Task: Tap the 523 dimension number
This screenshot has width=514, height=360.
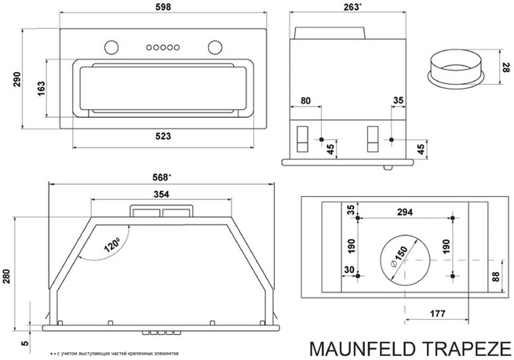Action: pyautogui.click(x=163, y=137)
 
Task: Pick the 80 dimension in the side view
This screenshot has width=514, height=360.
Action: pyautogui.click(x=306, y=101)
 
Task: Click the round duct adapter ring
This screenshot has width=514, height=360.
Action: pyautogui.click(x=455, y=67)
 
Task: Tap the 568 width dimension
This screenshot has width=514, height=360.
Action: pyautogui.click(x=162, y=176)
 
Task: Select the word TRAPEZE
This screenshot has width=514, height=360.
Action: pyautogui.click(x=476, y=347)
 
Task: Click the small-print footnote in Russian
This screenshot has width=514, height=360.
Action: pyautogui.click(x=118, y=351)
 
